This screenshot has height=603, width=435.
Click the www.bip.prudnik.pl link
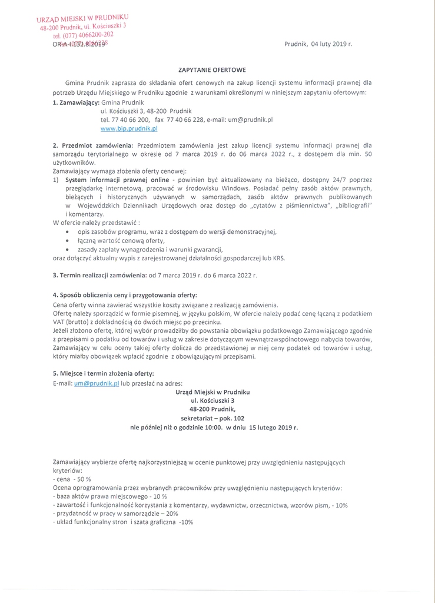coord(129,128)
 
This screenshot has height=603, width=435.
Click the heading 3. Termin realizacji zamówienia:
coord(99,275)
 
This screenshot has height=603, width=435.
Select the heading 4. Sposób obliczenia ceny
coord(125,294)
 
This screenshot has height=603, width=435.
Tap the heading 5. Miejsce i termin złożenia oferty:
coord(103,373)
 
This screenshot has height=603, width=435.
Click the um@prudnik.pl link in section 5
coord(97,383)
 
